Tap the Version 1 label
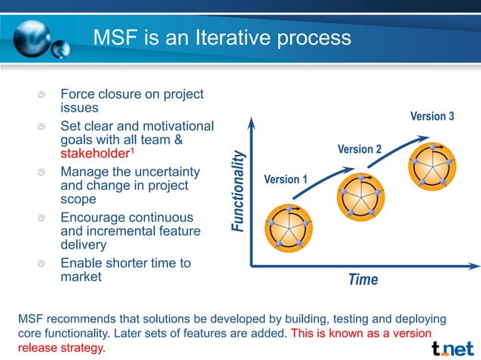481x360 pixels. pyautogui.click(x=286, y=179)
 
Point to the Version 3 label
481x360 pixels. pyautogui.click(x=432, y=116)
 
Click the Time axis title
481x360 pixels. pyautogui.click(x=363, y=279)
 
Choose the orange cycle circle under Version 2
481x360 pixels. pyautogui.click(x=360, y=197)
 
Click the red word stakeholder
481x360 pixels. pyautogui.click(x=94, y=154)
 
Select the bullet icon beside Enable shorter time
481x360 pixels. pyautogui.click(x=45, y=264)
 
